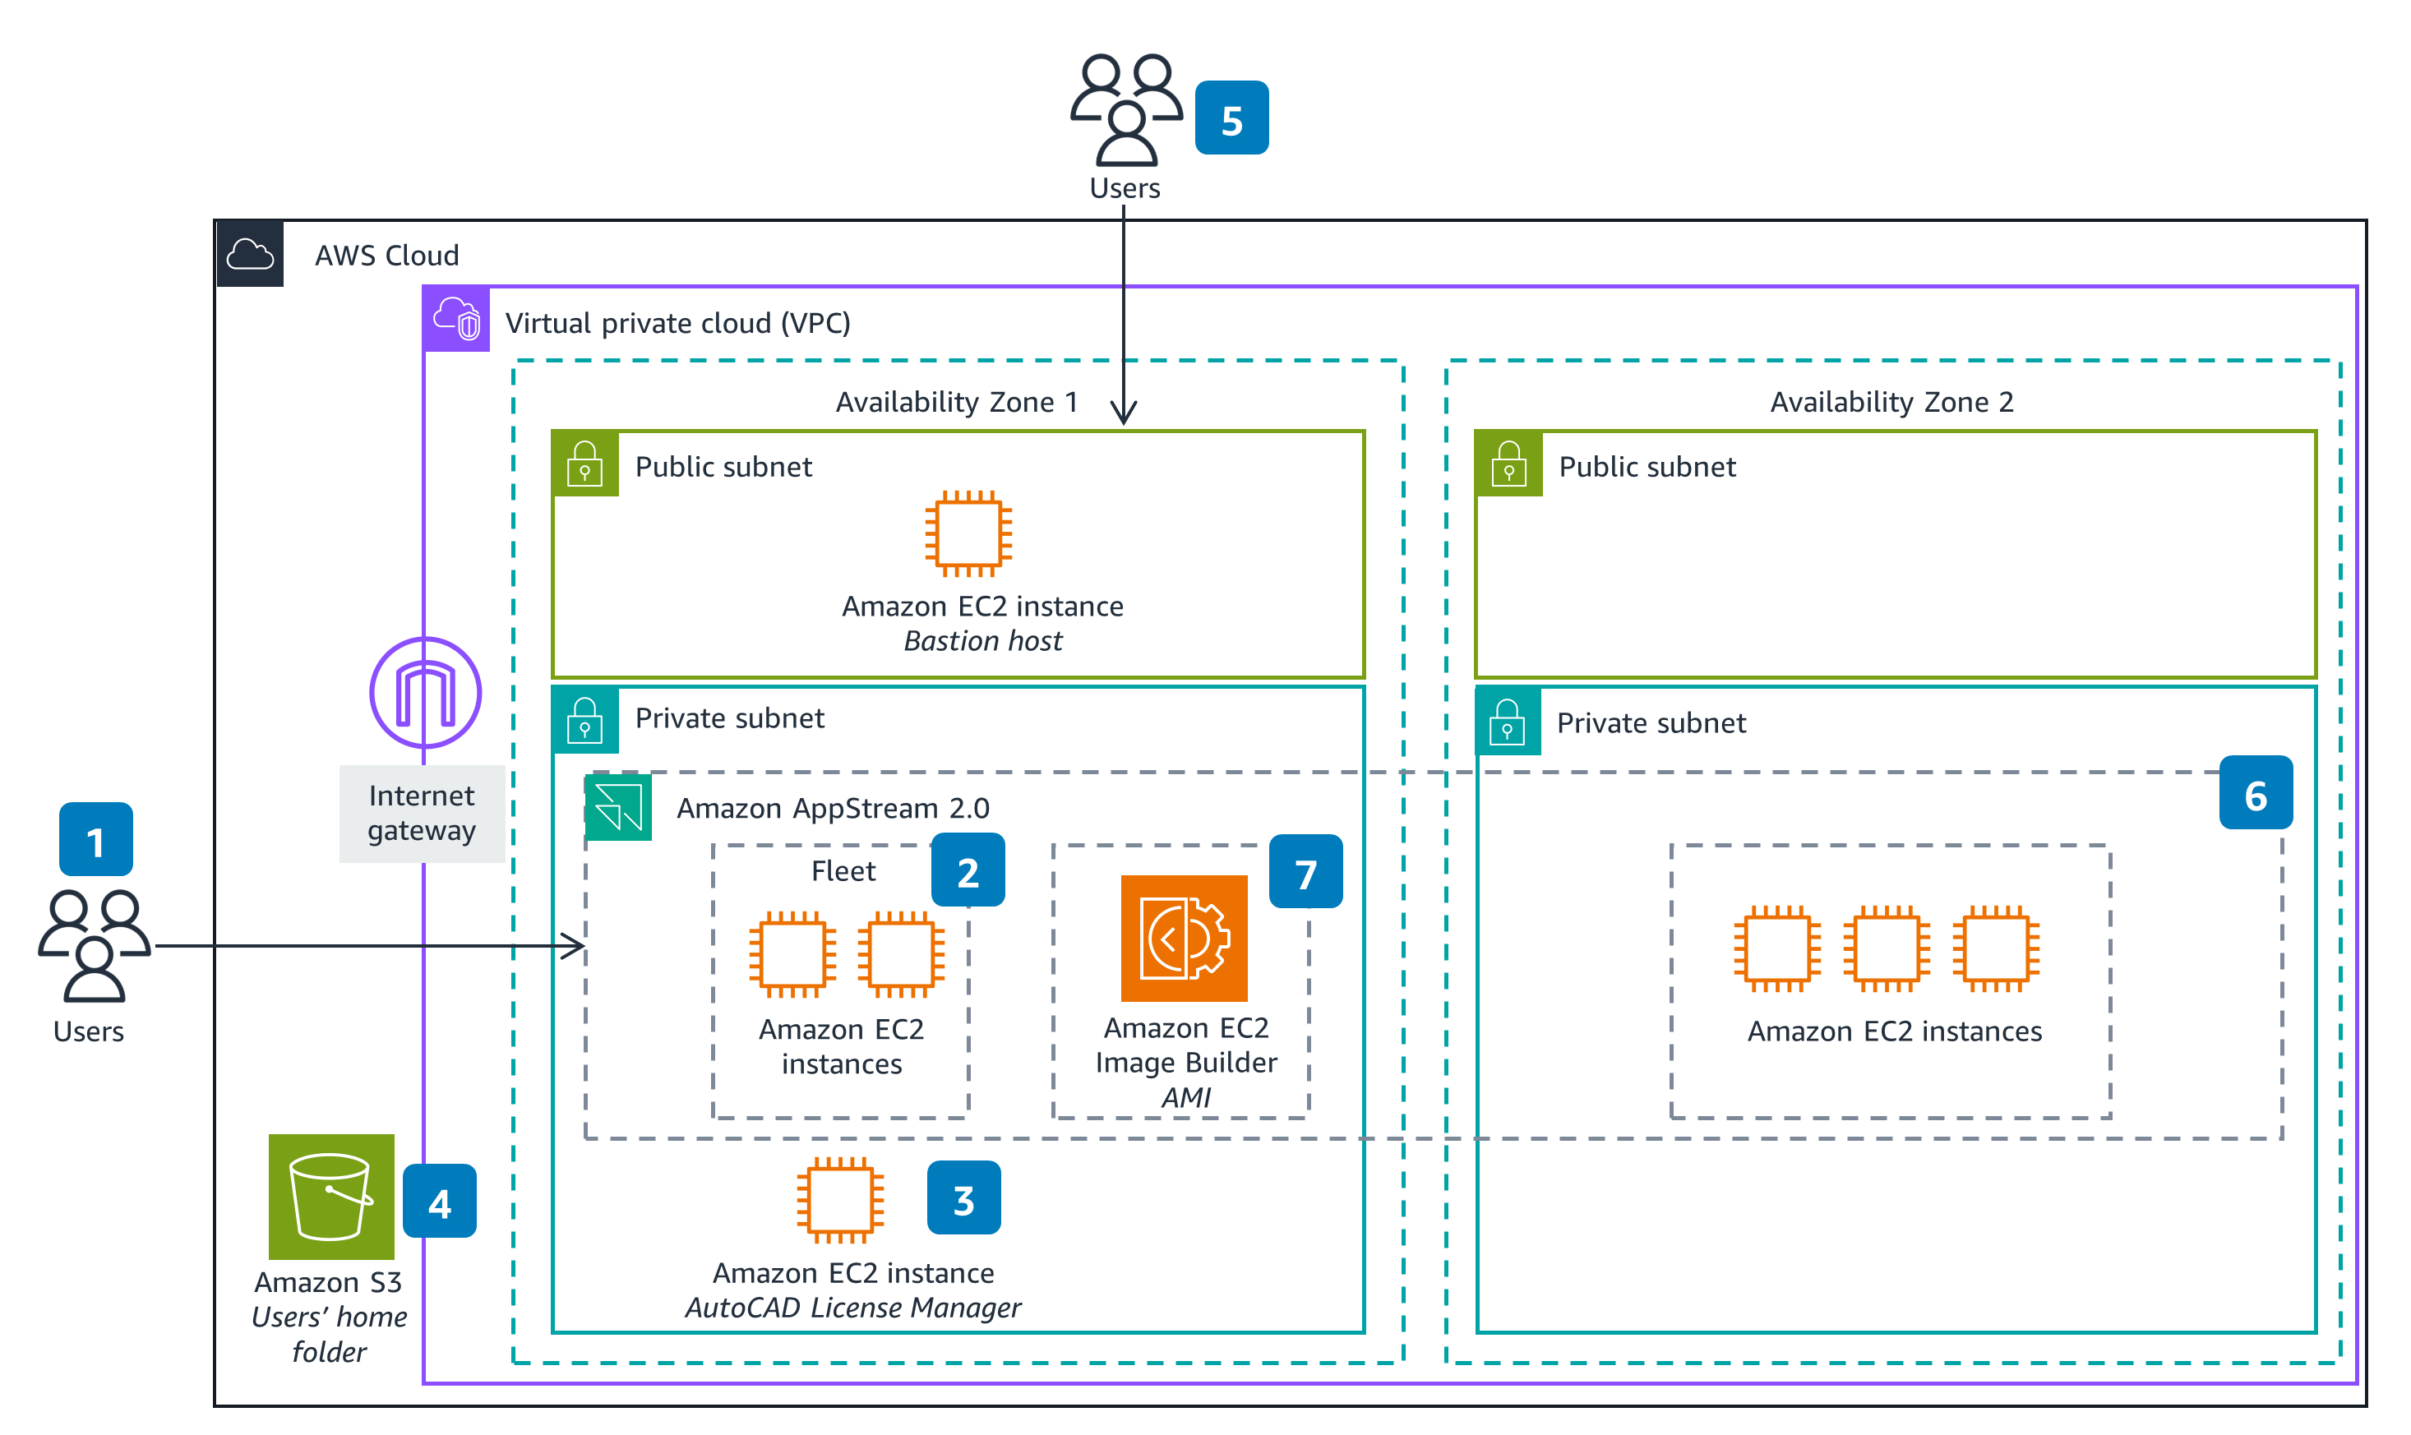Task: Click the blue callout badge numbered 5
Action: (1231, 118)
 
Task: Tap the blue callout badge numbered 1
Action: (95, 839)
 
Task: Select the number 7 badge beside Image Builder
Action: (1305, 871)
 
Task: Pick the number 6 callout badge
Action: (2256, 793)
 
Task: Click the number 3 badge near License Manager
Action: (963, 1198)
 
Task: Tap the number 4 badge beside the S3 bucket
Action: (439, 1201)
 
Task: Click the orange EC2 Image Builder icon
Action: (1184, 938)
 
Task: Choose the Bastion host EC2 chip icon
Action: (968, 533)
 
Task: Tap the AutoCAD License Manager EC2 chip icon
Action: (839, 1200)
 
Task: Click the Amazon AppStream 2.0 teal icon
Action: (618, 807)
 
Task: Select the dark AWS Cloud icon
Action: (251, 254)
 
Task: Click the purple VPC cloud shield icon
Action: (456, 318)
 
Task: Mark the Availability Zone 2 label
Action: (1891, 401)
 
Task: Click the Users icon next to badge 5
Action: (1125, 109)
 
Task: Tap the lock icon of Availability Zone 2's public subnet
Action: (1508, 464)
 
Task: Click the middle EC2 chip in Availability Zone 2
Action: (1886, 948)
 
